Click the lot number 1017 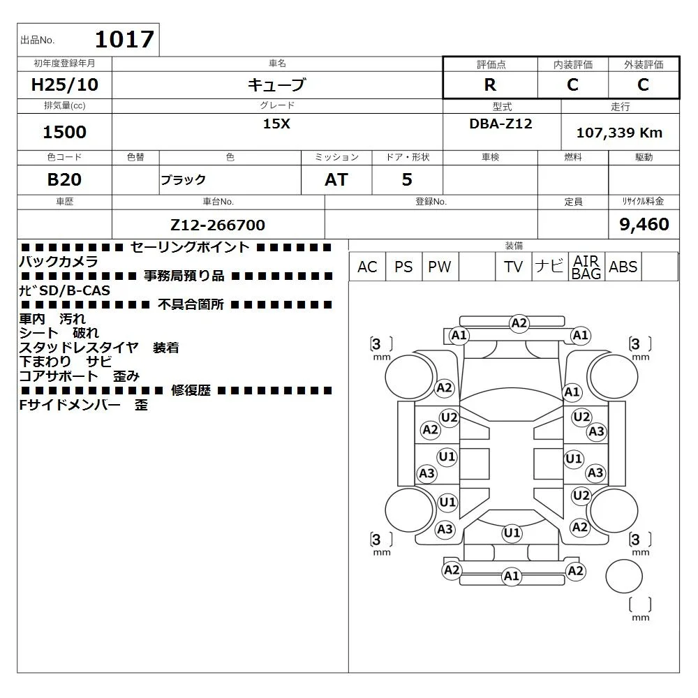(125, 39)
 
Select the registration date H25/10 (64, 84)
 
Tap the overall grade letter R (490, 84)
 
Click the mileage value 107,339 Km (619, 133)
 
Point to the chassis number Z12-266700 (218, 225)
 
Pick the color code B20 (64, 180)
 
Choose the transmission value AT (336, 180)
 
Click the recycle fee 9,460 (644, 224)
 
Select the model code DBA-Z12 (500, 124)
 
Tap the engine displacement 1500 (64, 132)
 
